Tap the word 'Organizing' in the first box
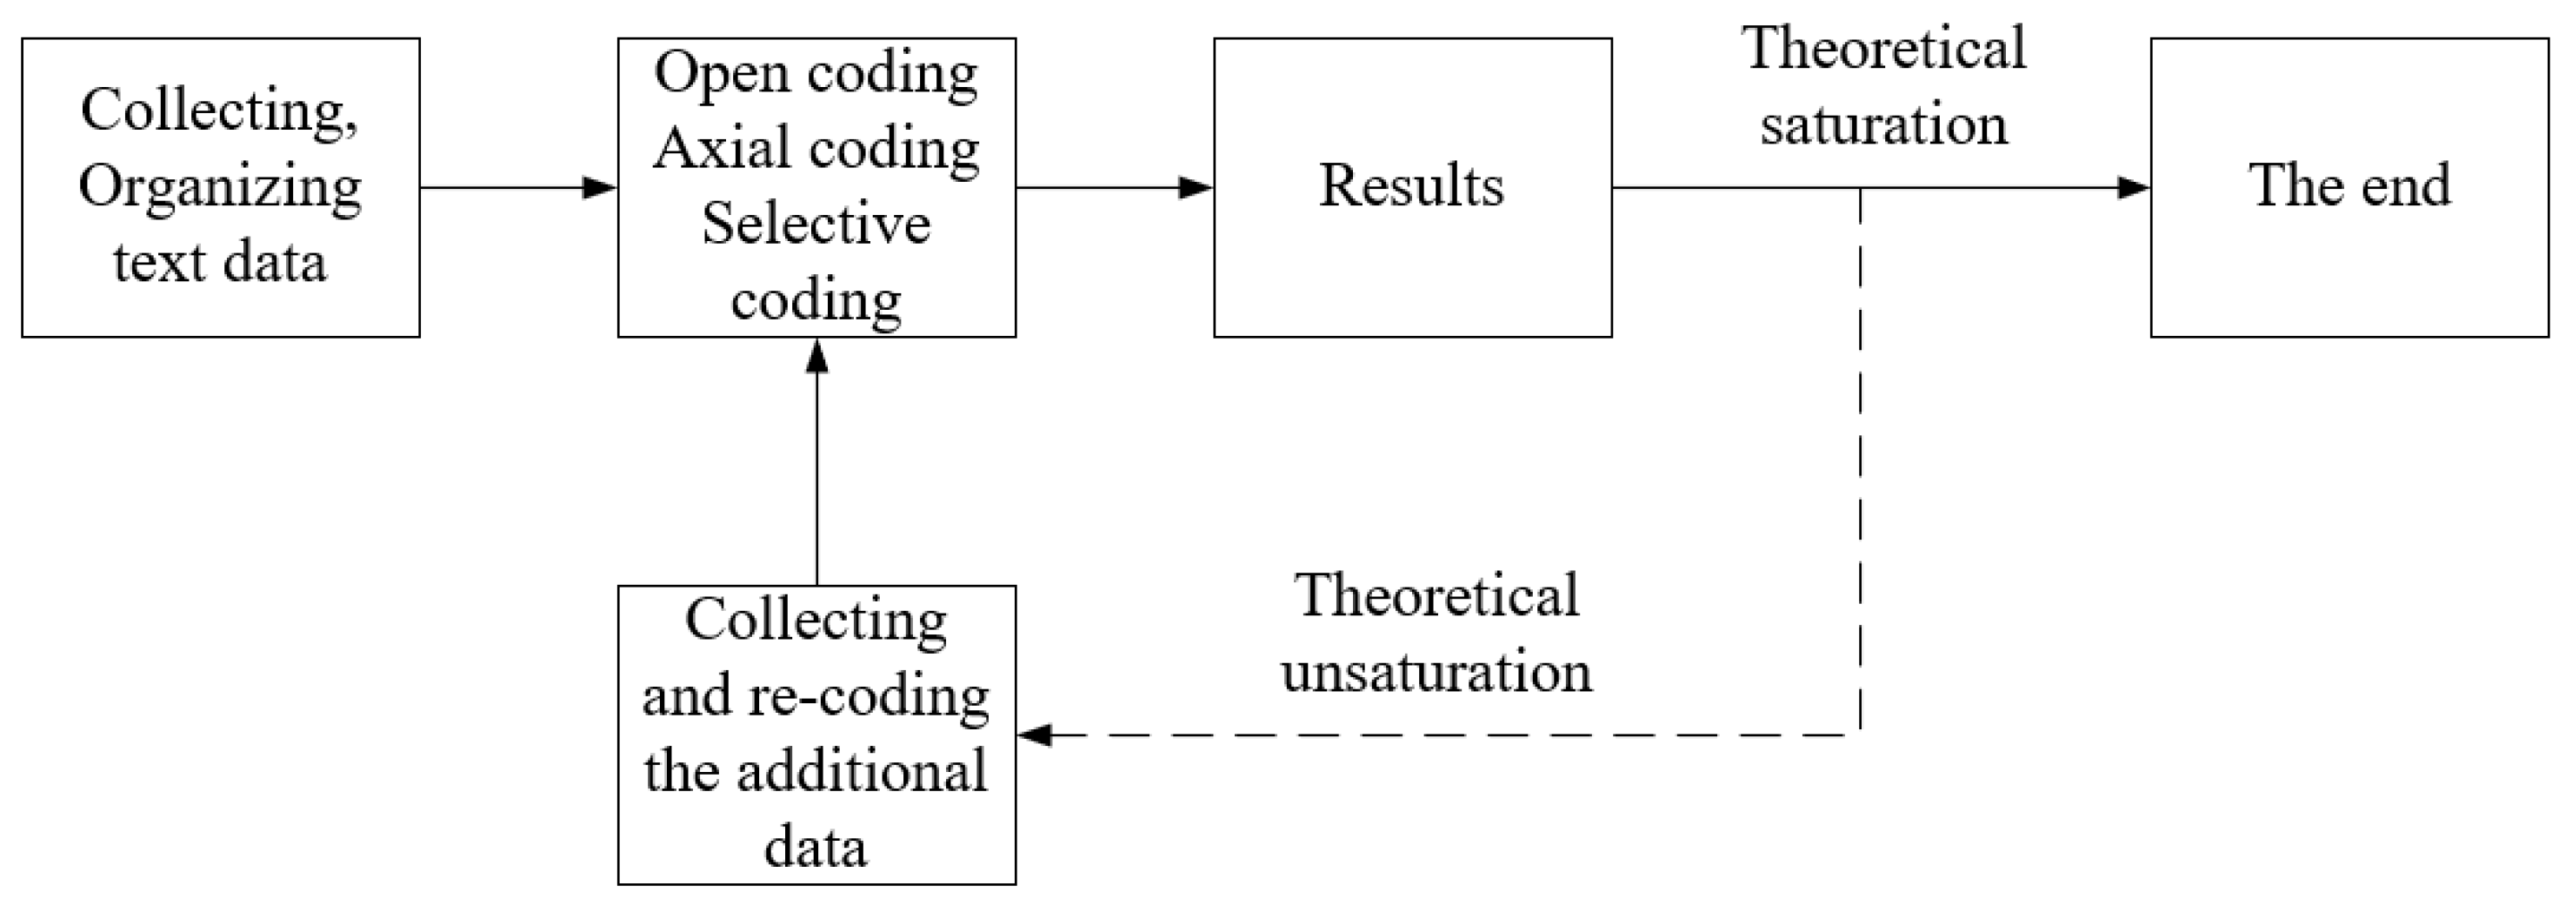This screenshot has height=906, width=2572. tap(220, 188)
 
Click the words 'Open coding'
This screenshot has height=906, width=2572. tap(816, 73)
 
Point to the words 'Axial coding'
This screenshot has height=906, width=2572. tap(816, 149)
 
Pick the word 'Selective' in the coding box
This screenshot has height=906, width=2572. tap(816, 224)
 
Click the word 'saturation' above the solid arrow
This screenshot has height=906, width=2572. tap(1883, 124)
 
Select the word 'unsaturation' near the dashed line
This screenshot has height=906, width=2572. tap(1436, 670)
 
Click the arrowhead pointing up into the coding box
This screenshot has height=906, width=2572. tap(816, 356)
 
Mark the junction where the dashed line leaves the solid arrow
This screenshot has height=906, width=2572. tap(1860, 188)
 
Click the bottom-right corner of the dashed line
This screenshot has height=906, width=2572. tap(1860, 735)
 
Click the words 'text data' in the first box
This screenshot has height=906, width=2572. tap(220, 263)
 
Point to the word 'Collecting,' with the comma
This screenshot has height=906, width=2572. tap(220, 110)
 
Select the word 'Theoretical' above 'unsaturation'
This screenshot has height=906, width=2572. tap(1436, 595)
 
